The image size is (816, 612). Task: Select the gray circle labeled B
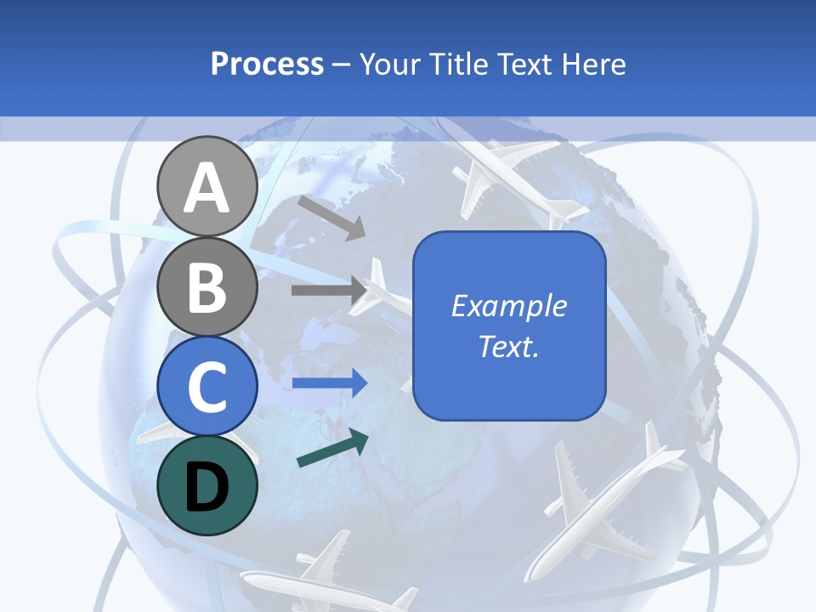click(207, 286)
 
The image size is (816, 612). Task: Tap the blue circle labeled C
click(207, 386)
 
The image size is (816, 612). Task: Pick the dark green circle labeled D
click(207, 485)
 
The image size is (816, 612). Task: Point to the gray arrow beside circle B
click(327, 290)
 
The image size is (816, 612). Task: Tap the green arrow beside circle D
click(332, 449)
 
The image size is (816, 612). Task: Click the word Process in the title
click(267, 65)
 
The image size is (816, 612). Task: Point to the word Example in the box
click(508, 306)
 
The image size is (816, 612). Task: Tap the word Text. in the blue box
click(508, 346)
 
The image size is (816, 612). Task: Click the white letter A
click(207, 187)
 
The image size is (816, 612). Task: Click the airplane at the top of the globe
click(510, 174)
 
